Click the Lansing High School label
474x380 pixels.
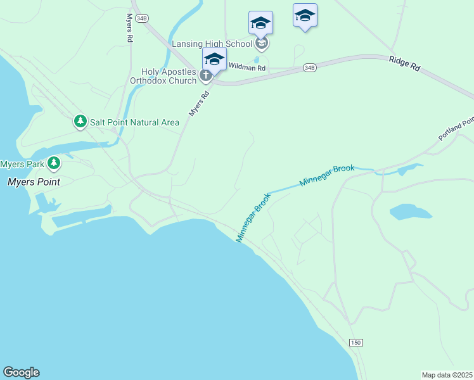[x=213, y=44]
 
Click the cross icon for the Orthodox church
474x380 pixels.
[x=205, y=76]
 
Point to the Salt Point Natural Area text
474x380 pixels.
[x=134, y=122]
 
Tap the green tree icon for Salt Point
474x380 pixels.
[x=80, y=121]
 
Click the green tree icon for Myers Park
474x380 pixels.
[x=54, y=163]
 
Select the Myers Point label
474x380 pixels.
[x=34, y=182]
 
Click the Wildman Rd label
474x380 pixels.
[x=247, y=66]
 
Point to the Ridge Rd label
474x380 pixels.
[x=405, y=63]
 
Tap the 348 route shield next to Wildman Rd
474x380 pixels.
[x=309, y=67]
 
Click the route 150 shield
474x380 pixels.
[x=355, y=343]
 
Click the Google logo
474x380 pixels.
[x=21, y=372]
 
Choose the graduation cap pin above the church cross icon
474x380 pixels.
[x=214, y=60]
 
